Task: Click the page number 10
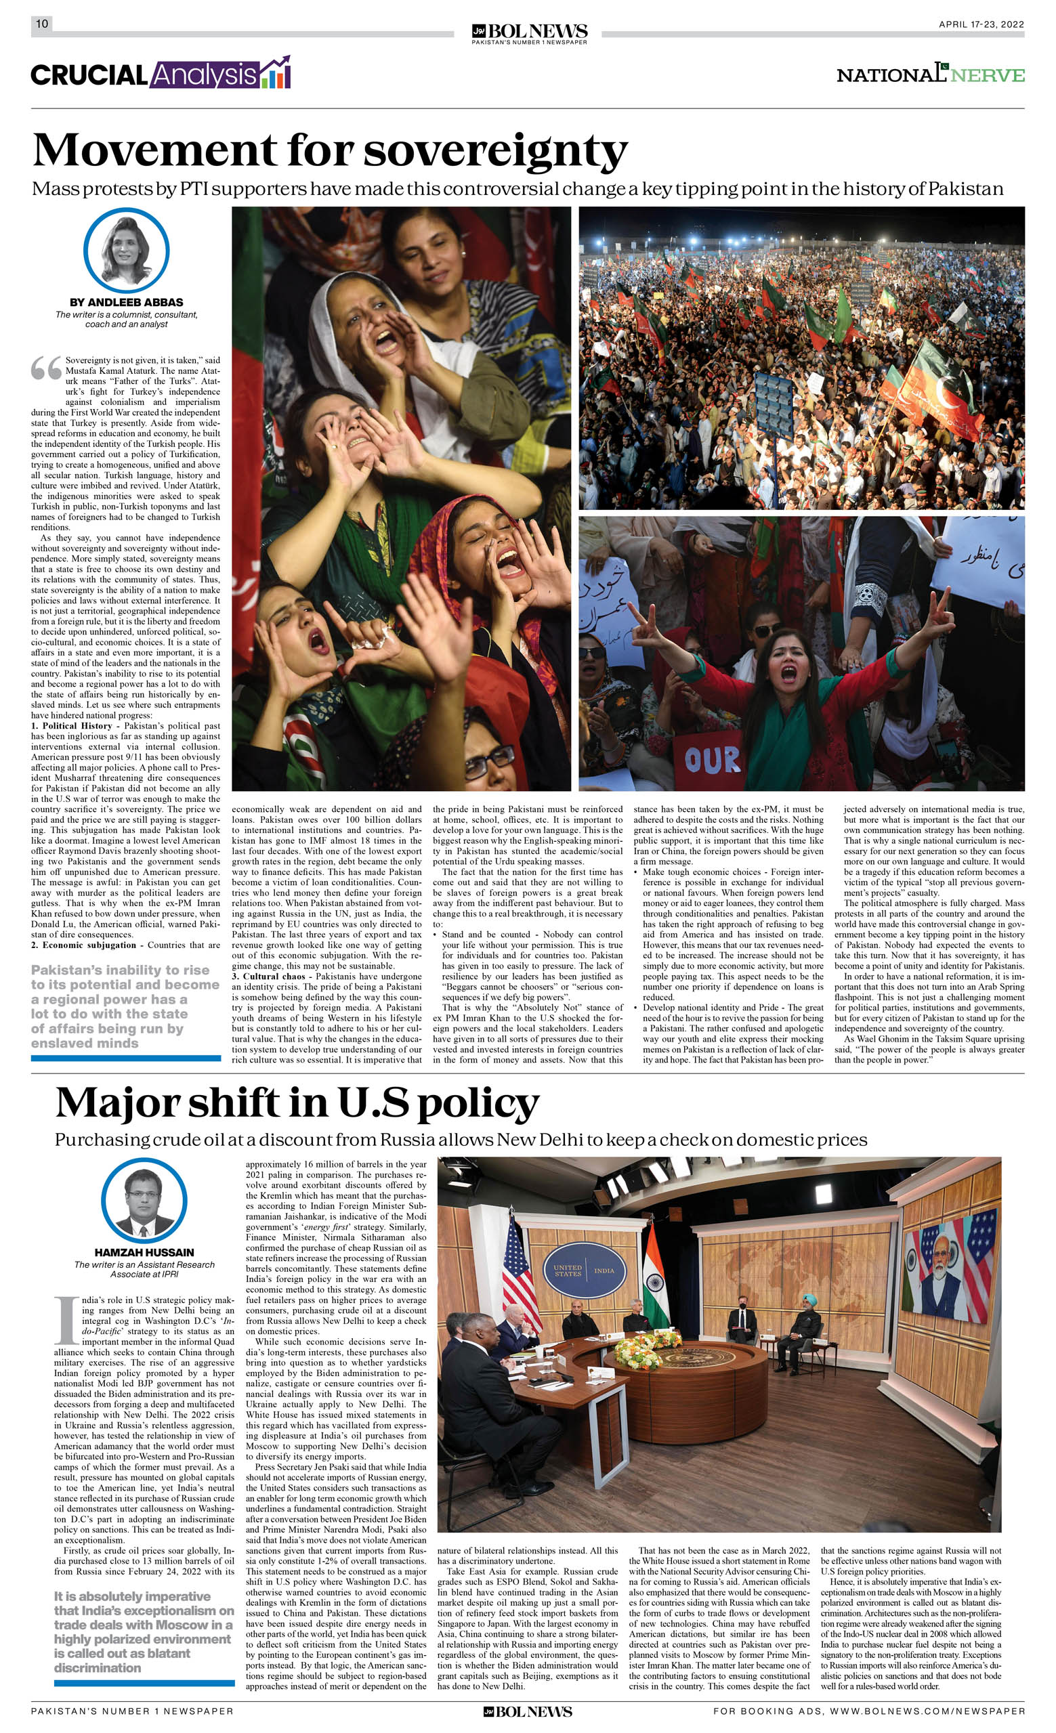click(x=42, y=24)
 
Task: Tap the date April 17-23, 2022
click(x=981, y=24)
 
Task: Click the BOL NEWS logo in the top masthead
click(x=529, y=33)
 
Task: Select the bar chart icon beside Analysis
click(x=276, y=73)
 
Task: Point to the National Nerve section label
click(x=930, y=74)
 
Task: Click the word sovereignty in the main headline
click(x=495, y=150)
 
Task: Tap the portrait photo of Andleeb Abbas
click(x=127, y=250)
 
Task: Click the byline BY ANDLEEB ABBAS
click(x=127, y=302)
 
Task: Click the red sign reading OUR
click(x=712, y=760)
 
